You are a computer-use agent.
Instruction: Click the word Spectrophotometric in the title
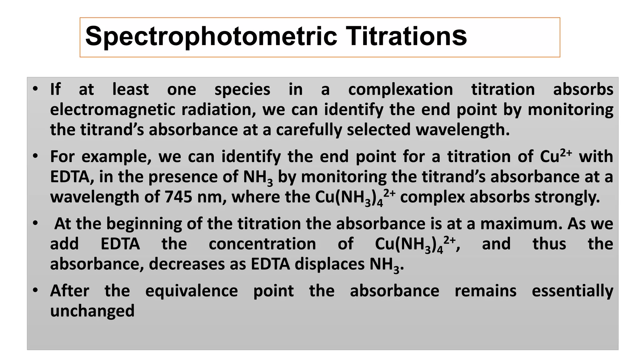[211, 37]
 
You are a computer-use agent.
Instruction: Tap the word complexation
[400, 90]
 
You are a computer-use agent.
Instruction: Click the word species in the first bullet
[242, 90]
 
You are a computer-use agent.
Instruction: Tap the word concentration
[262, 244]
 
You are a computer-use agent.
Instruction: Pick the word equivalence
[192, 291]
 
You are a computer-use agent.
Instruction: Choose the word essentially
[572, 291]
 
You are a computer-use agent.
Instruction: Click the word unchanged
[92, 311]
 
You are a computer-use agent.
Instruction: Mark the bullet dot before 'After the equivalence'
[35, 291]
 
